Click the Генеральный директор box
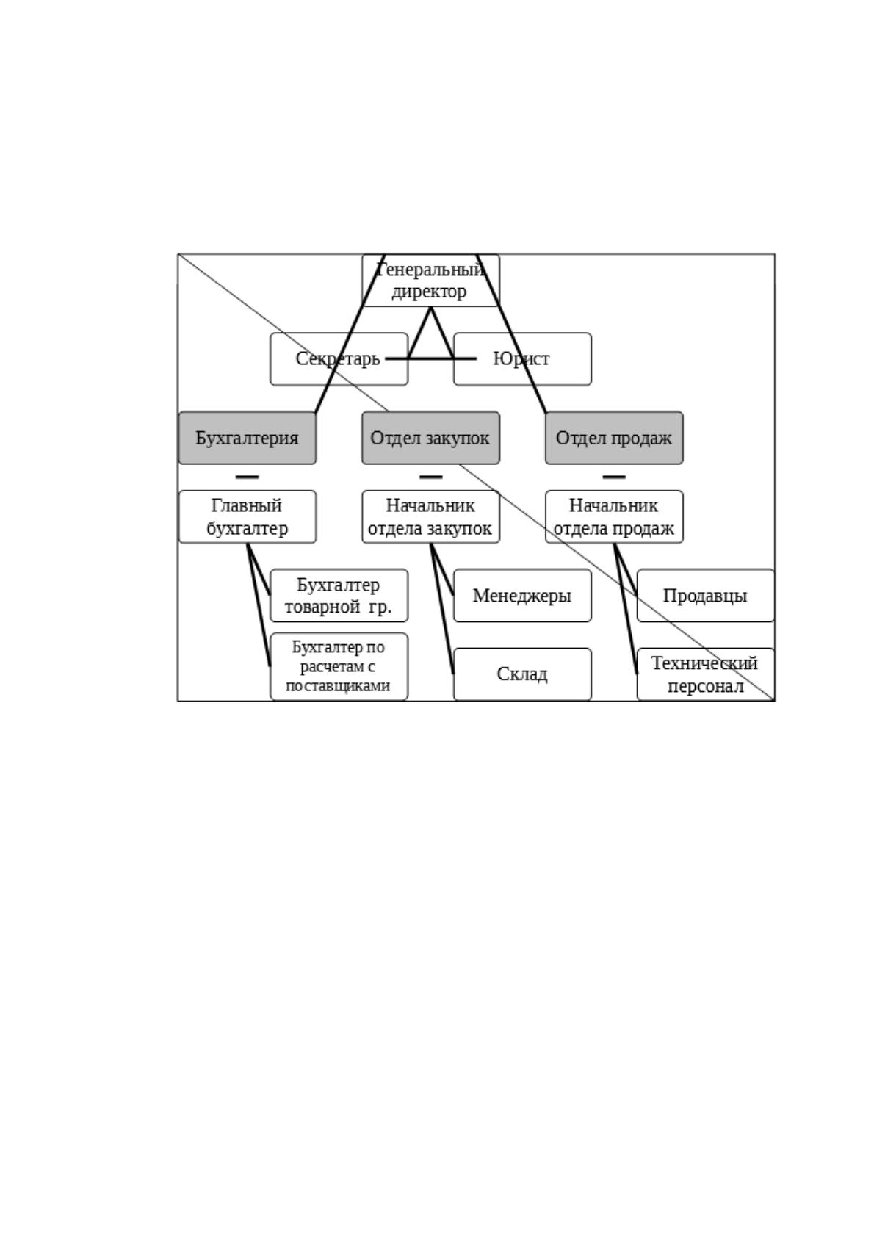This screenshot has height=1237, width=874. [x=430, y=281]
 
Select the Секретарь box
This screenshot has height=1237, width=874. [x=339, y=359]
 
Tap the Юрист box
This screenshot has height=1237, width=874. [x=522, y=359]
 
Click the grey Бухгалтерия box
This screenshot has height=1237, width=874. [x=248, y=438]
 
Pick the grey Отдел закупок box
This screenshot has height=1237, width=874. [x=430, y=438]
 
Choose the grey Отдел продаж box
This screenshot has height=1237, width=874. [x=614, y=438]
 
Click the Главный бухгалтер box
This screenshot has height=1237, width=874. [x=248, y=517]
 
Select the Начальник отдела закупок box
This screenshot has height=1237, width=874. [x=430, y=517]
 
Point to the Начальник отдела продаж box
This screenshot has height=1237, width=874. [x=614, y=517]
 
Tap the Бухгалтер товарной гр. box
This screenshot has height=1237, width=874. [x=339, y=596]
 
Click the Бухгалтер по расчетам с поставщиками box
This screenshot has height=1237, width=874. [x=339, y=666]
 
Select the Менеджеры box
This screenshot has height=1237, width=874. [x=522, y=596]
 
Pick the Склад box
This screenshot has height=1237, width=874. [x=522, y=674]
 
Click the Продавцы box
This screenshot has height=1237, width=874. [x=706, y=596]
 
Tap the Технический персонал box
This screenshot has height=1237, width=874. [x=706, y=674]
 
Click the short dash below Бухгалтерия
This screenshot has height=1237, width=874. [x=248, y=477]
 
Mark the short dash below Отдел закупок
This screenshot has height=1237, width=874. [x=430, y=477]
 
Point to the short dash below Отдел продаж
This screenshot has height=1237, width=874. [x=614, y=477]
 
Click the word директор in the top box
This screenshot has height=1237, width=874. [x=429, y=292]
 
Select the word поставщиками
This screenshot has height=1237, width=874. [x=338, y=686]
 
